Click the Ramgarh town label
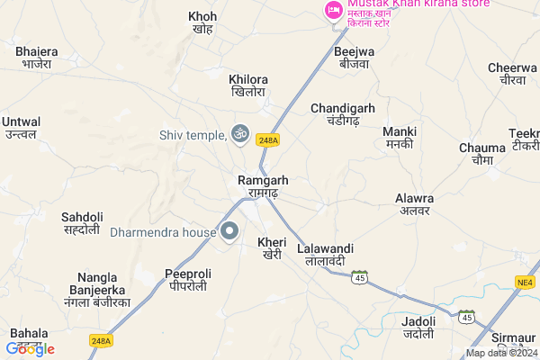point(263,186)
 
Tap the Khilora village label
point(249,85)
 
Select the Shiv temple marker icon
point(239,133)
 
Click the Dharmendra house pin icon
point(229,231)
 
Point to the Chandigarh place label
point(342,114)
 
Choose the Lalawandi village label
point(326,254)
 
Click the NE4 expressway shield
point(525,283)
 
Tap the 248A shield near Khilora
point(268,139)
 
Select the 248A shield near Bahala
point(102,340)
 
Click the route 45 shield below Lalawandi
point(360,276)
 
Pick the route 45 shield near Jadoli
point(465,317)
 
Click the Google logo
point(31,348)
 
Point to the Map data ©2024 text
point(499,353)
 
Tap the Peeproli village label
point(187,279)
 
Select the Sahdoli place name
point(82,223)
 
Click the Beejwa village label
point(356,58)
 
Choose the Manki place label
point(400,137)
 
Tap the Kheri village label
point(271,248)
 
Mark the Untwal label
point(22,127)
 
